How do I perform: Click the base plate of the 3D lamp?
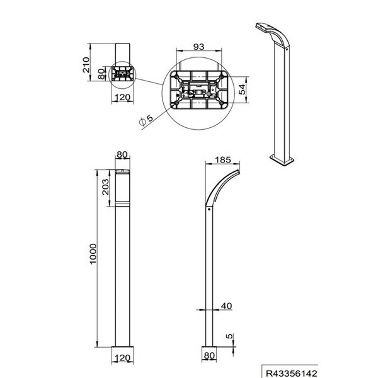point(281,161)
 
